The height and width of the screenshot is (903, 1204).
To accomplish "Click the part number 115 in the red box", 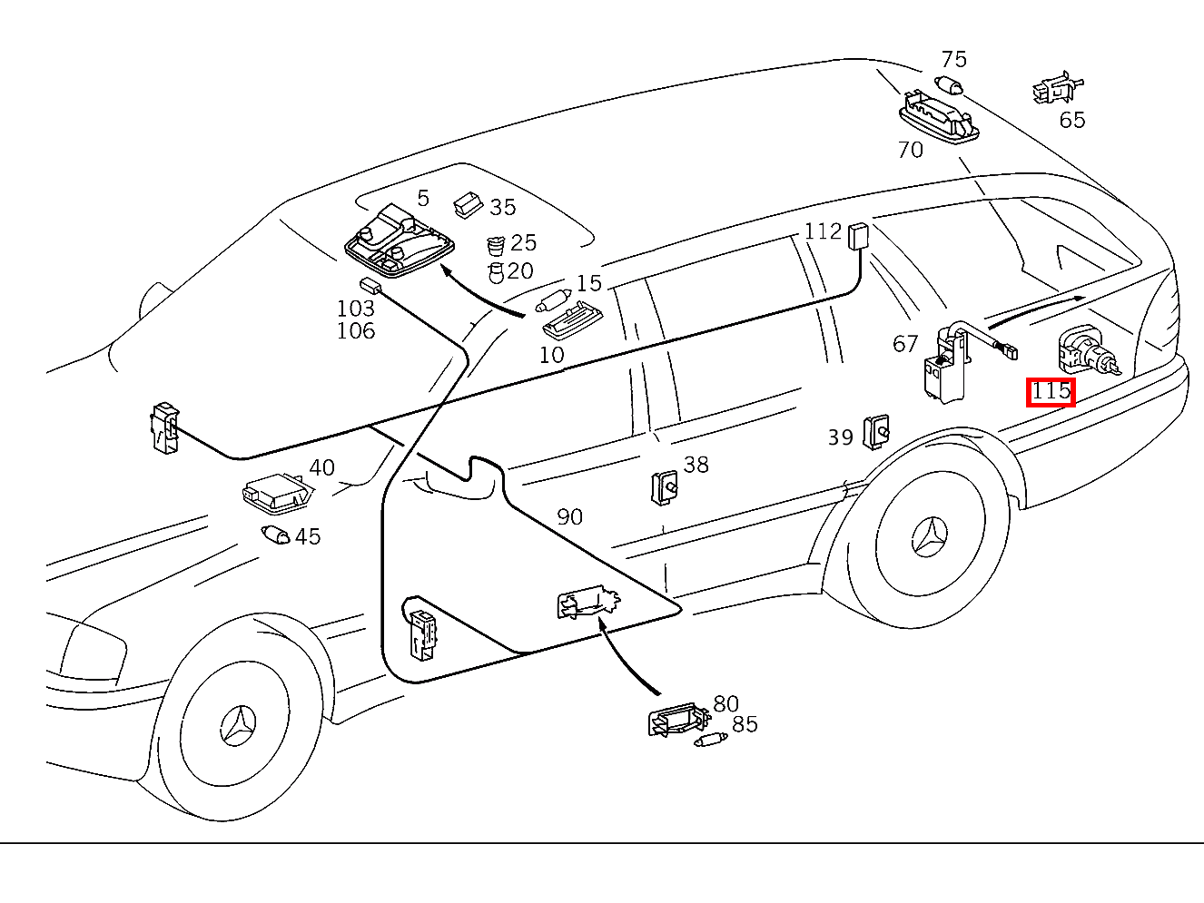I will tap(1051, 392).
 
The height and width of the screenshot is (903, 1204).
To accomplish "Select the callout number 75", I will tap(953, 60).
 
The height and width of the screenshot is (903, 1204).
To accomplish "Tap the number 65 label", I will tap(1071, 120).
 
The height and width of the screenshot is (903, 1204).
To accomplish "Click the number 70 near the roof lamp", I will tap(910, 150).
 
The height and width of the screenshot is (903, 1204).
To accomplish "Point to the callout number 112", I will tap(823, 231).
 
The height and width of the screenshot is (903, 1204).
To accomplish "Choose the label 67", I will tap(905, 344).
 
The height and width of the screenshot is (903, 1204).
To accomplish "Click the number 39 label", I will tap(840, 437).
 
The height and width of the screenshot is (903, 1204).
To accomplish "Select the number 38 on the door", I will tap(696, 465).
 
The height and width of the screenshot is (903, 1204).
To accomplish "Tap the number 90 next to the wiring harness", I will tap(569, 517).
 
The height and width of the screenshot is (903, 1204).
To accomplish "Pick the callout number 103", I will tap(356, 309).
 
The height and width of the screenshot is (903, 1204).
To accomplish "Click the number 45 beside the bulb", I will tap(308, 536).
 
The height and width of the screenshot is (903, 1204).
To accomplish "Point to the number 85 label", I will tap(745, 724).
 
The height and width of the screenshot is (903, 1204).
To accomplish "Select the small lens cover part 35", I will tap(468, 204).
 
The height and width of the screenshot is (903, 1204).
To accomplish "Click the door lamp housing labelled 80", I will tap(676, 720).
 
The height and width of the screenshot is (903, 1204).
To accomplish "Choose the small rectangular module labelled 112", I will tap(858, 236).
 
